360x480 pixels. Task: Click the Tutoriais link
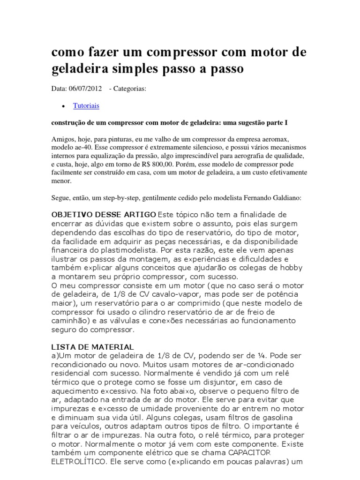[86, 106]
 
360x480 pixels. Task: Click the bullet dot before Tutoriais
[63, 107]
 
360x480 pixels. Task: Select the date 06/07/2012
[85, 89]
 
